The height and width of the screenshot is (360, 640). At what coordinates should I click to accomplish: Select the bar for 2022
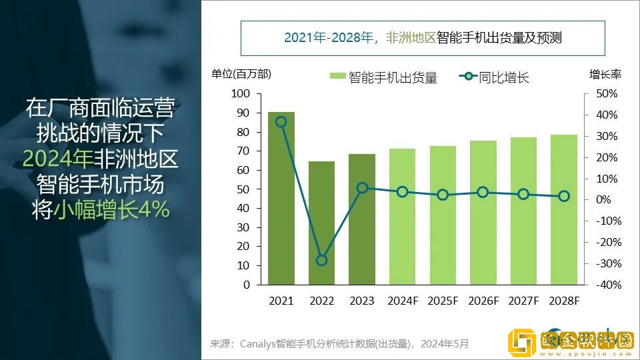coord(321,223)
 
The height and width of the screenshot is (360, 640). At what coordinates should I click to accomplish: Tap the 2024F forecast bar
coord(402,217)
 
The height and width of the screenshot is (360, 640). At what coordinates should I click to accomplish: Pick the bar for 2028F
coord(564,209)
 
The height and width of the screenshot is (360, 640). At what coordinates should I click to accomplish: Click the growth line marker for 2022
coord(321,260)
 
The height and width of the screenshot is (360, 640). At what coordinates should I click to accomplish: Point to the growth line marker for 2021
coord(281,122)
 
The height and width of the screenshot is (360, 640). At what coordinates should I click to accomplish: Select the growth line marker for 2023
coord(362,187)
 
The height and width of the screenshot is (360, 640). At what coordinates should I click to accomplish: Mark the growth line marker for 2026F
coord(483,192)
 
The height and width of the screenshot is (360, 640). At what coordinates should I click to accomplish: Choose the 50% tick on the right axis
coord(606,94)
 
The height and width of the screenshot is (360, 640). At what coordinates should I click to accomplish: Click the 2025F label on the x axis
coord(443,301)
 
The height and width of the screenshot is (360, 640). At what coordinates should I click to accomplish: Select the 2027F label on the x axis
coord(524,301)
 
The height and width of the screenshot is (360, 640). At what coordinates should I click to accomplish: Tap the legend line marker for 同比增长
coord(467,77)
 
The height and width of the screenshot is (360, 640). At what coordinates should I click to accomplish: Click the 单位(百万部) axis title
coord(241,74)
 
